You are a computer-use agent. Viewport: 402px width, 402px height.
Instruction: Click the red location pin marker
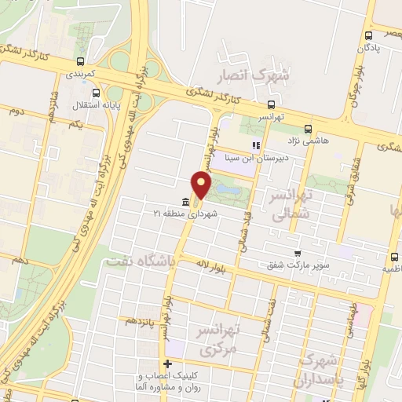click(x=203, y=186)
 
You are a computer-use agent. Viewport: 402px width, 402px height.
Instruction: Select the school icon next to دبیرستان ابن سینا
click(x=254, y=145)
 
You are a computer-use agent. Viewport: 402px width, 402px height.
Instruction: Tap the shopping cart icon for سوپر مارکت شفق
click(x=297, y=253)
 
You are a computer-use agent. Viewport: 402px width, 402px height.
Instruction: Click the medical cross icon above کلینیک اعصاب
click(x=167, y=364)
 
